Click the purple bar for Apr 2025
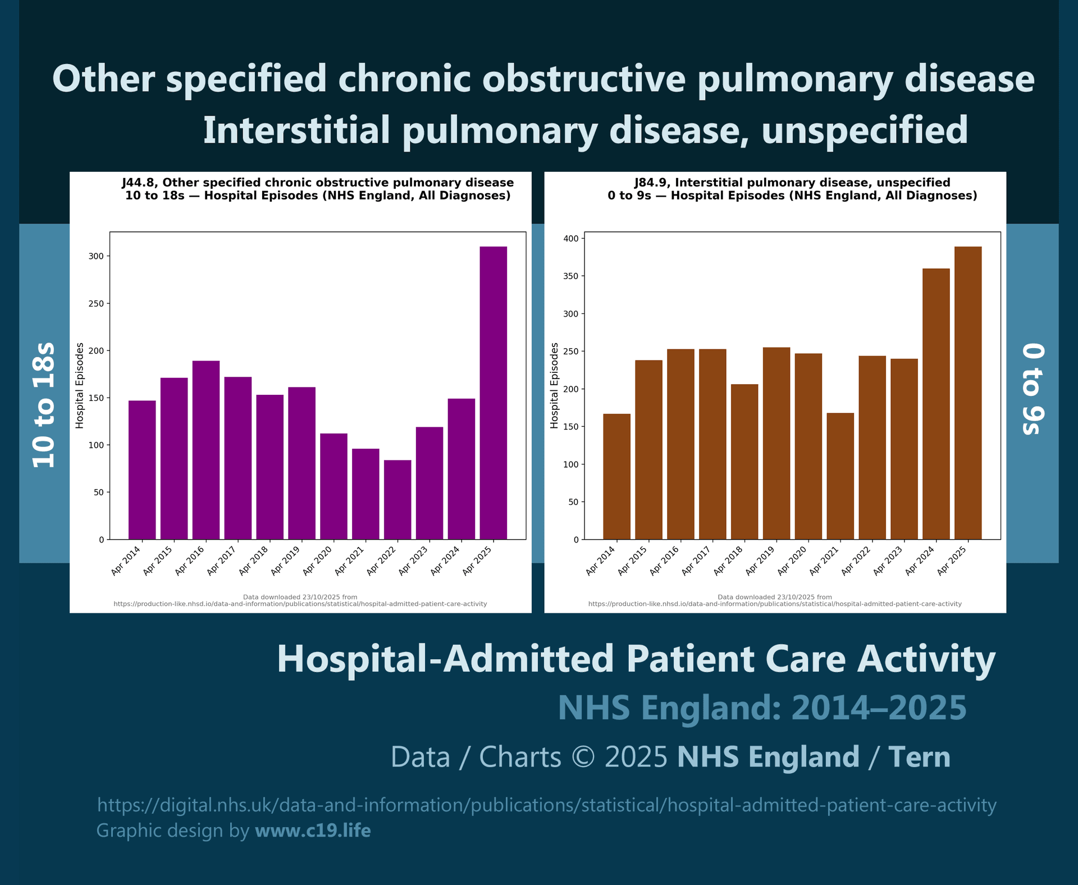493,393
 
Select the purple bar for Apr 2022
398,500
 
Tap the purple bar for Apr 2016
205,450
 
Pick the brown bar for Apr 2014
616,477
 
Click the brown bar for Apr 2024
936,404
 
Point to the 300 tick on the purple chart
96,256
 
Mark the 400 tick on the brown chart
571,239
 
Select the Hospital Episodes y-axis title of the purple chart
80,385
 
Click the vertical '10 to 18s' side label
44,404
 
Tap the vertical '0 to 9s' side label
1033,390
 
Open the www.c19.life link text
313,831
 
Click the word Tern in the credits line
919,757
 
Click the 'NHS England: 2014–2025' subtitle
762,708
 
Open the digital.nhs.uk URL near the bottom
546,805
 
